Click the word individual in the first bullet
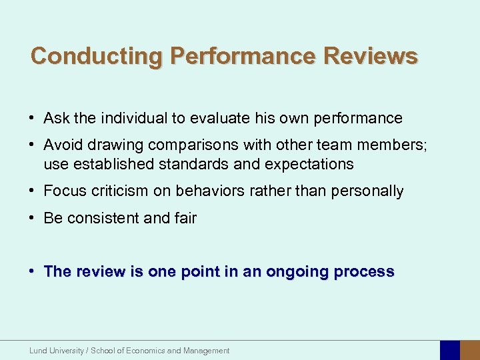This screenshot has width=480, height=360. (132, 119)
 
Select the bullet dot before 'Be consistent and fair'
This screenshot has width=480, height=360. (33, 218)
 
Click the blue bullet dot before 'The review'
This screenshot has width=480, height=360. (33, 272)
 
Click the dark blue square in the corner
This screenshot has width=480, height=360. (450, 351)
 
